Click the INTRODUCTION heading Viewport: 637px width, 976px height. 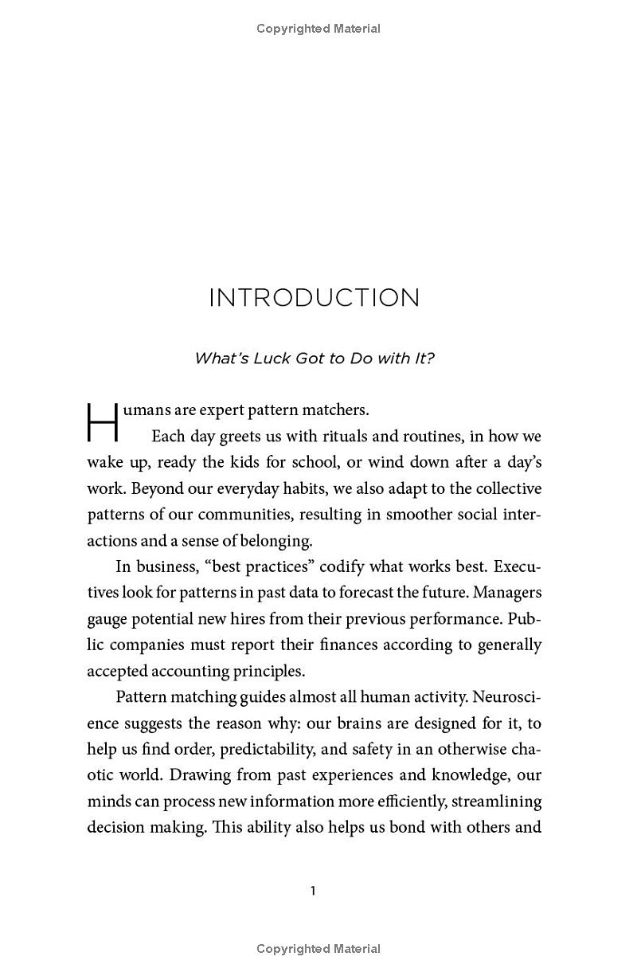point(314,298)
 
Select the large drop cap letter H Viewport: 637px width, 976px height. point(102,422)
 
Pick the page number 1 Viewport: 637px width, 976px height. point(313,891)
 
